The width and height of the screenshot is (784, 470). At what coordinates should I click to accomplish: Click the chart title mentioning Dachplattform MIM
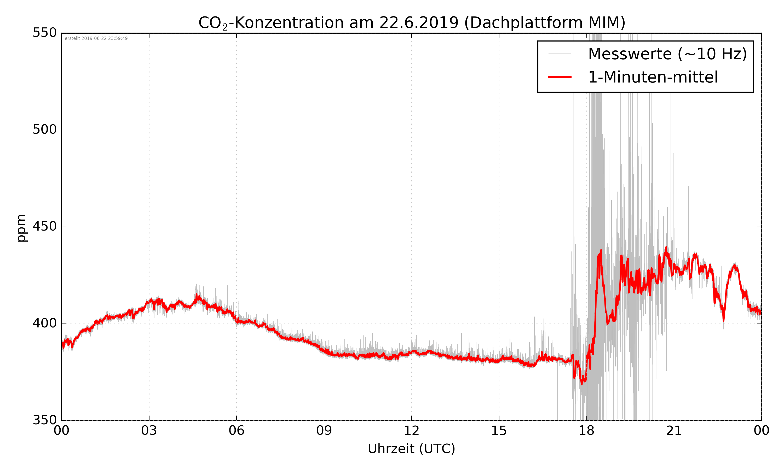tap(412, 23)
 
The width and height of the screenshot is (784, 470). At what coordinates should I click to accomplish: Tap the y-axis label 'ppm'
tap(21, 228)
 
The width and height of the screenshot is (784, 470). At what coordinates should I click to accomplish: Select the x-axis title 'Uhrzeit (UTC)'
tap(411, 449)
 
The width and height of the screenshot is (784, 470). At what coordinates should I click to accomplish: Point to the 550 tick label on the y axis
tap(45, 33)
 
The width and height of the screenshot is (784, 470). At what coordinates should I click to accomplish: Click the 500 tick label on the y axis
tap(45, 130)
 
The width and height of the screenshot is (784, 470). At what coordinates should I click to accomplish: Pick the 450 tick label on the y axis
tap(45, 226)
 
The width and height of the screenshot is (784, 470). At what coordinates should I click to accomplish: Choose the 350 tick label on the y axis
tap(45, 420)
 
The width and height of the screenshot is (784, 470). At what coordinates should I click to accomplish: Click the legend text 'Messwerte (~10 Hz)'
tap(667, 54)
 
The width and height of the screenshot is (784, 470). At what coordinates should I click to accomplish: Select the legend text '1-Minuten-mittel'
tap(653, 77)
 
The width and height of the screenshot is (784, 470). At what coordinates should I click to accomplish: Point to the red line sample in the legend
tap(560, 77)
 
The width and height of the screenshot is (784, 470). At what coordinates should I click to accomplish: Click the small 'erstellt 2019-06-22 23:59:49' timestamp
tap(96, 39)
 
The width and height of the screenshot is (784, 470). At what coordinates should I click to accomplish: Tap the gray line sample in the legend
tap(560, 54)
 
